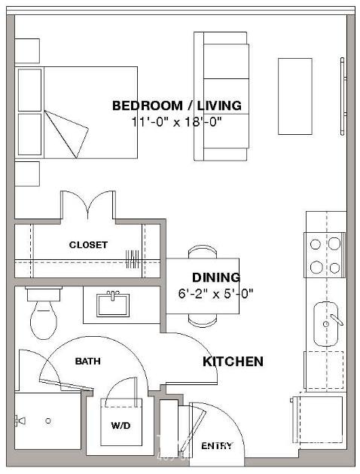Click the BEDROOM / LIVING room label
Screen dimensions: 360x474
coord(177,106)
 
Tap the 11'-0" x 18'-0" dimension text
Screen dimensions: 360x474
coord(177,122)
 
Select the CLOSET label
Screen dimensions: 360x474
coord(88,245)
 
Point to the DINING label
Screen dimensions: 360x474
coord(216,277)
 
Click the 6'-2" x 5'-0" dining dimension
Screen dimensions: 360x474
coord(215,293)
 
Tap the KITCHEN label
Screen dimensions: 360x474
coord(233,361)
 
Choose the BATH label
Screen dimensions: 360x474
coord(88,361)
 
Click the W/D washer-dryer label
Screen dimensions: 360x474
coord(121,426)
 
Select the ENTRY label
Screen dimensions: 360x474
coord(217,445)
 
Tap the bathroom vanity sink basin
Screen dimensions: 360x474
coord(113,304)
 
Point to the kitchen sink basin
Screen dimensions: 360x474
coord(325,324)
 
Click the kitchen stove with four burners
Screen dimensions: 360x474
coord(325,255)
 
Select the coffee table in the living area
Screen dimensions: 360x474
coord(295,96)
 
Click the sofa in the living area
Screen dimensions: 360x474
coord(221,96)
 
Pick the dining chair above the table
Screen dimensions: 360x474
coord(203,252)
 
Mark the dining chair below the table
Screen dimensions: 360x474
coord(203,320)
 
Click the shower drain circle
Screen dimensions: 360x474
coord(48,420)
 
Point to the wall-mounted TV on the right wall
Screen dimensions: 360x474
coord(343,96)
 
